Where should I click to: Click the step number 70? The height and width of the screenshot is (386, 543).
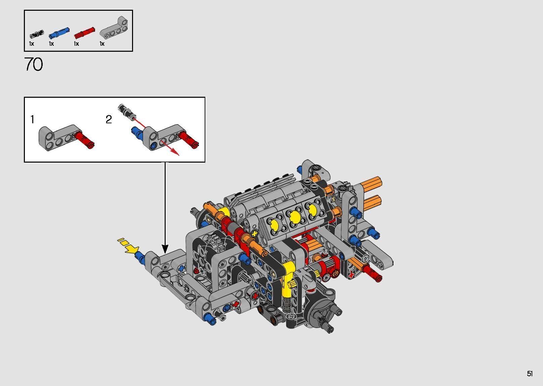click(x=34, y=64)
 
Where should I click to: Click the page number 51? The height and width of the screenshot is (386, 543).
click(x=530, y=373)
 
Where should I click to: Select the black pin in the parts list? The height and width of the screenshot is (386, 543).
click(x=37, y=34)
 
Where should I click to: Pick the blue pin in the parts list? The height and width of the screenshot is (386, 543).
click(x=59, y=33)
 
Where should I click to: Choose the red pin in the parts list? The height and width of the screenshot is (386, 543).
click(x=84, y=33)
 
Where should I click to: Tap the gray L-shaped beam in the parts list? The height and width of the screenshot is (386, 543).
click(x=114, y=28)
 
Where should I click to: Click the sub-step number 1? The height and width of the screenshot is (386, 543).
click(x=32, y=120)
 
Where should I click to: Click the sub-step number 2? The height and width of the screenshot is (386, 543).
click(x=109, y=120)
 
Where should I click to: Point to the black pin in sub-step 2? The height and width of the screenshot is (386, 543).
click(x=127, y=112)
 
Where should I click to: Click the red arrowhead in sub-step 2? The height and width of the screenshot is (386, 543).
click(x=175, y=152)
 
